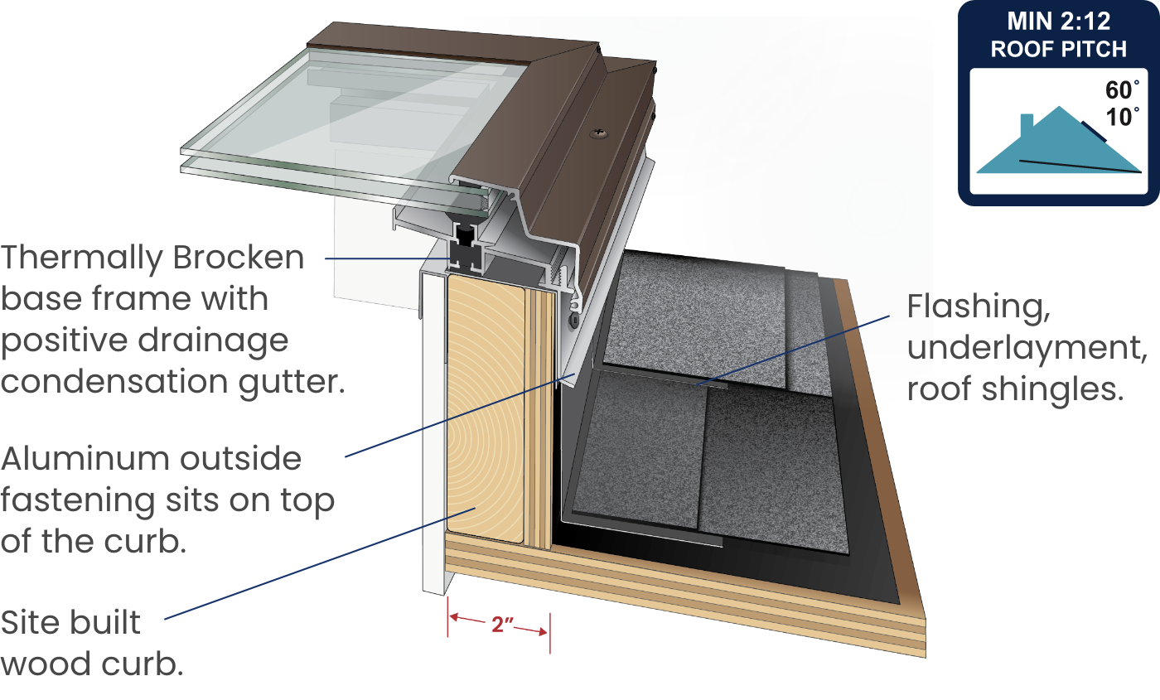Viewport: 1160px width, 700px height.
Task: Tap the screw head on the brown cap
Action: [597, 132]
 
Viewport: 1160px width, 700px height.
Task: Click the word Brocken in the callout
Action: [238, 258]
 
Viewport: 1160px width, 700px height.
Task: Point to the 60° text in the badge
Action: [1123, 89]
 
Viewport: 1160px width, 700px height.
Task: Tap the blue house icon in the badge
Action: [1056, 145]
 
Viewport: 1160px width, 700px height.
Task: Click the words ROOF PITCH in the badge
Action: [1058, 50]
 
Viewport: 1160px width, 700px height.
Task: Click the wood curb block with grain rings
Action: [485, 406]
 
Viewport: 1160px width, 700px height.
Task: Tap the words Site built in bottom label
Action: [71, 623]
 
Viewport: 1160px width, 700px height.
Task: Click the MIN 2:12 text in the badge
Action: [1058, 21]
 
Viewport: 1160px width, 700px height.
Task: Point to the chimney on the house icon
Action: [1027, 124]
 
